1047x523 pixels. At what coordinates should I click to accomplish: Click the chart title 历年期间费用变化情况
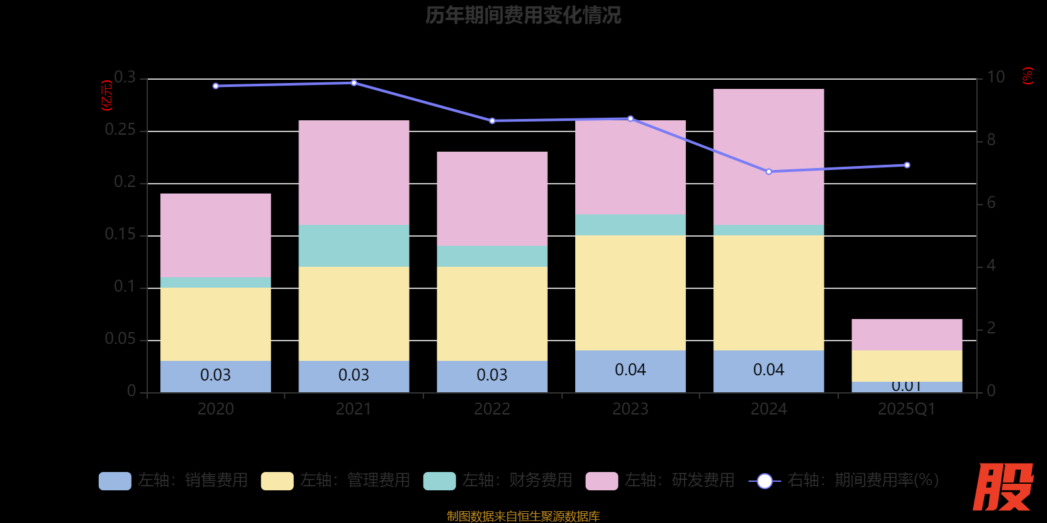pyautogui.click(x=523, y=15)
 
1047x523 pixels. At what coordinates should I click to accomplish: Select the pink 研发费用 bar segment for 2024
pyautogui.click(x=768, y=157)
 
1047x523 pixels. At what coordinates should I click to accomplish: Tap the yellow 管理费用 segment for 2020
pyautogui.click(x=215, y=324)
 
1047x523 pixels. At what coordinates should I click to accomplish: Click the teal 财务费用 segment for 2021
pyautogui.click(x=353, y=246)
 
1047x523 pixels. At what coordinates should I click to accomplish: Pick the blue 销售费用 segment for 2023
pyautogui.click(x=630, y=371)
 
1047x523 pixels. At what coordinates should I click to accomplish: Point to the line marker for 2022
pyautogui.click(x=492, y=121)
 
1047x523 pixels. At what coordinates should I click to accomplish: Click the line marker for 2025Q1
pyautogui.click(x=907, y=165)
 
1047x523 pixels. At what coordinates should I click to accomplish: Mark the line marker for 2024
pyautogui.click(x=769, y=172)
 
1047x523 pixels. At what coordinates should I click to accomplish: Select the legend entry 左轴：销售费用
pyautogui.click(x=173, y=481)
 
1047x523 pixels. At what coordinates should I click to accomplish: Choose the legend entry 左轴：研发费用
pyautogui.click(x=660, y=481)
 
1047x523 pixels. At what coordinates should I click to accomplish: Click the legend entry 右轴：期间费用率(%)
pyautogui.click(x=843, y=481)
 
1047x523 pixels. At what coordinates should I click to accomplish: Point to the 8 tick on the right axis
pyautogui.click(x=991, y=140)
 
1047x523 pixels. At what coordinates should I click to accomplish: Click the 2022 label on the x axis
pyautogui.click(x=492, y=409)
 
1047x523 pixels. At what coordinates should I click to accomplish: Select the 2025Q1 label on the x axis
pyautogui.click(x=907, y=409)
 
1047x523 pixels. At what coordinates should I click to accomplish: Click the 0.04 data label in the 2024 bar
pyautogui.click(x=769, y=370)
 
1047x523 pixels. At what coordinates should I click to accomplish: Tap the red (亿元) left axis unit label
pyautogui.click(x=107, y=95)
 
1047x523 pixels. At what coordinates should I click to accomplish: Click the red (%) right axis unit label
pyautogui.click(x=1028, y=76)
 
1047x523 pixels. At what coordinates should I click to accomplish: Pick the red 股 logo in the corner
pyautogui.click(x=1003, y=487)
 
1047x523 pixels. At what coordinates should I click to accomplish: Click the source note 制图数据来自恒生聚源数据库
pyautogui.click(x=523, y=516)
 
